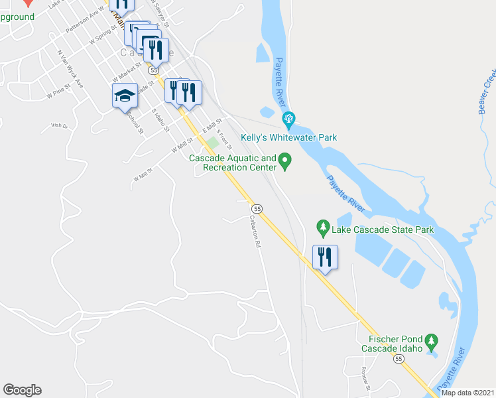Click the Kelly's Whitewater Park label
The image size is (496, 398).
tap(288, 137)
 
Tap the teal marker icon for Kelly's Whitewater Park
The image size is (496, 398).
tap(288, 121)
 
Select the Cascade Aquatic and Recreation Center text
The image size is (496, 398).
tap(232, 163)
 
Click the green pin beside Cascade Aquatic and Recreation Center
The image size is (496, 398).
tap(285, 161)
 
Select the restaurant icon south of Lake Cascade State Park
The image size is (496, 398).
tap(325, 256)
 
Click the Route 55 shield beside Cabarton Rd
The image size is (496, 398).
tap(257, 208)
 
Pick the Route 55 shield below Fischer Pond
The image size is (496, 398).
tap(398, 358)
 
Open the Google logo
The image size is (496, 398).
tap(22, 390)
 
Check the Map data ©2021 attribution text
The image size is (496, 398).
tap(467, 393)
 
